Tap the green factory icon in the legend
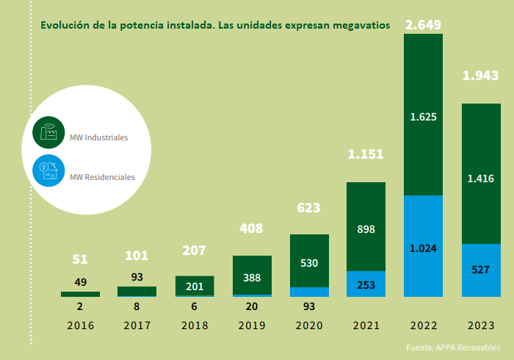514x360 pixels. click(48, 133)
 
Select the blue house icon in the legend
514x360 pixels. click(48, 172)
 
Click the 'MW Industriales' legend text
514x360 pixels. click(98, 137)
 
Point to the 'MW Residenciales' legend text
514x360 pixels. click(102, 176)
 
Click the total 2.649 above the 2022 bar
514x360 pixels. click(423, 25)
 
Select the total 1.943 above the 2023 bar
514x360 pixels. click(480, 76)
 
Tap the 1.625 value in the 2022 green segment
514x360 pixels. click(423, 117)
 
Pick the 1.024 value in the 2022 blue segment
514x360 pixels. click(423, 248)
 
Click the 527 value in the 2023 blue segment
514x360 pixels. click(480, 270)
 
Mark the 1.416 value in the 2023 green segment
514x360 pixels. click(480, 178)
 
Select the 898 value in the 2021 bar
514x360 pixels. click(366, 229)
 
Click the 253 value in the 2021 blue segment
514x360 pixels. click(366, 284)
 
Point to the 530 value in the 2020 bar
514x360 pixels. click(308, 262)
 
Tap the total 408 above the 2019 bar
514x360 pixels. click(252, 228)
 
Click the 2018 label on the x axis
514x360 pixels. click(195, 325)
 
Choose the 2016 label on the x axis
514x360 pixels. click(80, 325)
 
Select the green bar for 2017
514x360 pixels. click(137, 291)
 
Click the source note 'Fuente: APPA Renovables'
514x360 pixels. click(452, 347)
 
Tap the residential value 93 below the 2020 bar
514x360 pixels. click(308, 306)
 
